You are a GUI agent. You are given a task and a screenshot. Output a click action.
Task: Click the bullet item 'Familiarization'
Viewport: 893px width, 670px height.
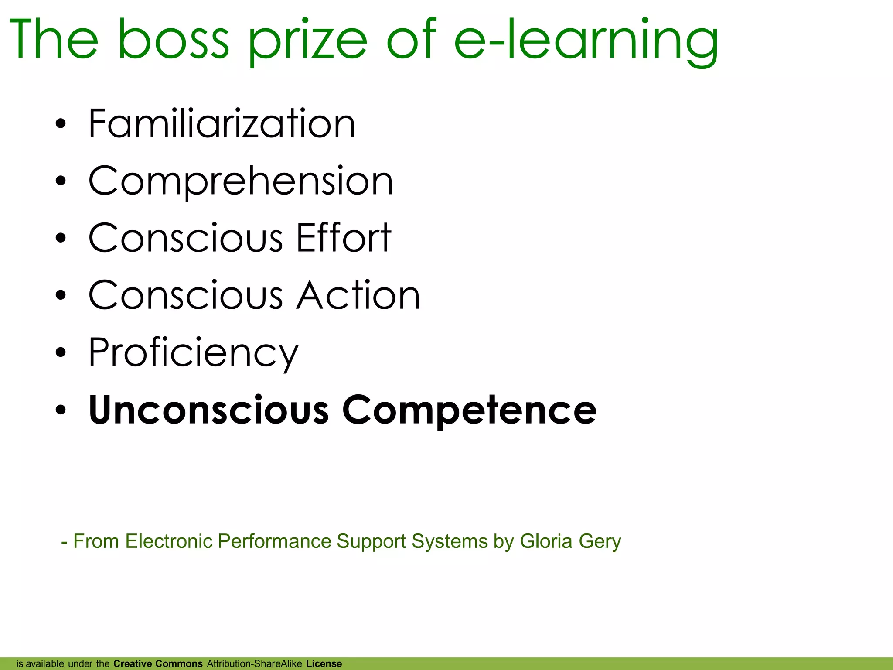coord(222,124)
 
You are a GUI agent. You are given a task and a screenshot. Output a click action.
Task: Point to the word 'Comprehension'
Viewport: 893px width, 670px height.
coord(241,181)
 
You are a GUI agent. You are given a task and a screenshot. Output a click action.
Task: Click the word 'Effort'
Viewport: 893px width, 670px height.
coord(344,238)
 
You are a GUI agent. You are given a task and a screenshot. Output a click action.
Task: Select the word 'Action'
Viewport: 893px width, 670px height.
coord(358,295)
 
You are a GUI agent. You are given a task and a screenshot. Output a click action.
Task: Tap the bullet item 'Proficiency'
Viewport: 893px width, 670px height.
coord(194,353)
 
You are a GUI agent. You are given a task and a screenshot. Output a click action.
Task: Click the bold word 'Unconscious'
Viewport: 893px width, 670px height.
coord(208,410)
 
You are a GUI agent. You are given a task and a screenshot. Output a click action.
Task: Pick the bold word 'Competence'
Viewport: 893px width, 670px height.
coord(469,410)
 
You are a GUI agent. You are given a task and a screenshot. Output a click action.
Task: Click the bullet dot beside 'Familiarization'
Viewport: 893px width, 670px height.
coord(61,124)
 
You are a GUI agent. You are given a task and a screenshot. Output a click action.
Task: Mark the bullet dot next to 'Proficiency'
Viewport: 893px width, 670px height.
coord(61,352)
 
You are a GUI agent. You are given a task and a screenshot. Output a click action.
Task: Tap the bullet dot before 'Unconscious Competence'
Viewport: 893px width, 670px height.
coord(61,410)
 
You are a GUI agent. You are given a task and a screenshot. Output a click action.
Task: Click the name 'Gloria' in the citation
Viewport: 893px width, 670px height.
coord(546,541)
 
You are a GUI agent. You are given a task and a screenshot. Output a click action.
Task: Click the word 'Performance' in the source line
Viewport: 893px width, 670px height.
coord(274,541)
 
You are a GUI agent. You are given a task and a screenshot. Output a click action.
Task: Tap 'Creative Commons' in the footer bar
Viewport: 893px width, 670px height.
coord(158,664)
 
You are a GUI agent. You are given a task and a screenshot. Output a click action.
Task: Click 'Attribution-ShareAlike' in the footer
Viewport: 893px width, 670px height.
coord(255,664)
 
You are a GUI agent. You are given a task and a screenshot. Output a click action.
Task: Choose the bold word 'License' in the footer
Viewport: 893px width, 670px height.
coord(324,664)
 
